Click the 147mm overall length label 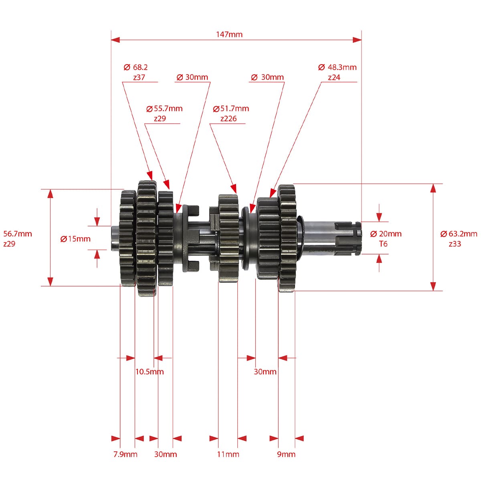point(229,34)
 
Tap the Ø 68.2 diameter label point(135,67)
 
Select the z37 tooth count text point(139,77)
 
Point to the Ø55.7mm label point(164,109)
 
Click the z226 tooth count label point(228,119)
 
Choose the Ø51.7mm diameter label point(231,109)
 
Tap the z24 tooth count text point(334,77)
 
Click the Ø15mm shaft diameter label point(75,239)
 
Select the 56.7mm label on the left point(18,234)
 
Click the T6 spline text point(383,244)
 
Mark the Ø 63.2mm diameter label point(459,234)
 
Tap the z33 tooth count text point(455,244)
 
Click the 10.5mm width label point(150,372)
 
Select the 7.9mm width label point(125,454)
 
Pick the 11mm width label point(228,454)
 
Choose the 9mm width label point(286,454)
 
